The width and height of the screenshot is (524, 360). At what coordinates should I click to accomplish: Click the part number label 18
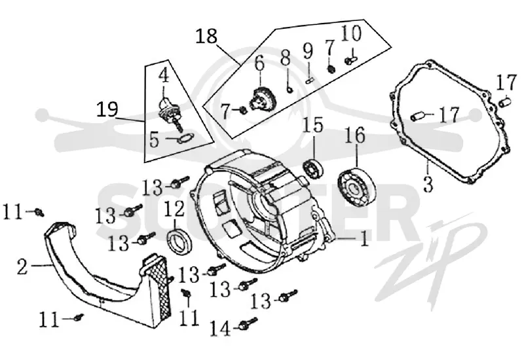(x=206, y=37)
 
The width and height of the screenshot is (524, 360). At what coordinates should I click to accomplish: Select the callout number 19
(x=107, y=109)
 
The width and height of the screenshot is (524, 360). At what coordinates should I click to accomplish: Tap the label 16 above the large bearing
(x=354, y=135)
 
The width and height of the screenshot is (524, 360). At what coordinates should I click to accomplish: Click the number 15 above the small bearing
(x=313, y=125)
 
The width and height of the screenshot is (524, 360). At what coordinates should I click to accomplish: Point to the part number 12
(x=174, y=209)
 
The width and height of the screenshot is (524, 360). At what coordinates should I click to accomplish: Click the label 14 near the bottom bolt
(x=221, y=329)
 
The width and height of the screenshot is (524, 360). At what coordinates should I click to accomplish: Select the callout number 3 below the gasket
(x=428, y=184)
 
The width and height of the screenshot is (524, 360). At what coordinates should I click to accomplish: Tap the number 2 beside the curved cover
(x=22, y=267)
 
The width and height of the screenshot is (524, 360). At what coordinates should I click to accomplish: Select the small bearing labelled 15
(x=313, y=167)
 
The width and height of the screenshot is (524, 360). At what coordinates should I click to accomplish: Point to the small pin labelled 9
(x=309, y=80)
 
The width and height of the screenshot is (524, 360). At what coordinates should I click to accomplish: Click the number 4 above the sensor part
(x=164, y=76)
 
